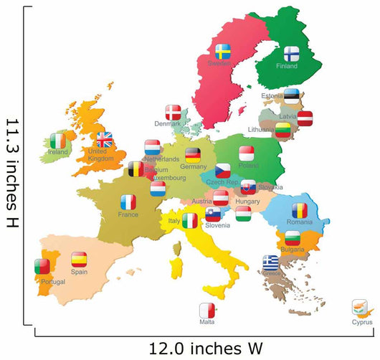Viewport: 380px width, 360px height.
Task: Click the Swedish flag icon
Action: (223, 52)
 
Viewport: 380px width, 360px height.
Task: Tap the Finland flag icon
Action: (292, 55)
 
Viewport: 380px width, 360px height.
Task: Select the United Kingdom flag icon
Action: (105, 140)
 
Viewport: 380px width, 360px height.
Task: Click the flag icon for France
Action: (128, 202)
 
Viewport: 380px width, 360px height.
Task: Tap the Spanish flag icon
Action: (79, 260)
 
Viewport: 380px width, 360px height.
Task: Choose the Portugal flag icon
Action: (42, 266)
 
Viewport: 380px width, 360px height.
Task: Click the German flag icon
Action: (193, 155)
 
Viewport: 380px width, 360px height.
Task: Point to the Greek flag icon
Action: (270, 262)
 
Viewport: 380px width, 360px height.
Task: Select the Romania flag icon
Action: (299, 211)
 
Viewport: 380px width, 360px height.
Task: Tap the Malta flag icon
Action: (207, 311)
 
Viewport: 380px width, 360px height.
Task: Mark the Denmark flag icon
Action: (174, 113)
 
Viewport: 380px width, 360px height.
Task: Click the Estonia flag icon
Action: (291, 95)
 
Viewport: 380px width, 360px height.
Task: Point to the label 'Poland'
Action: (249, 166)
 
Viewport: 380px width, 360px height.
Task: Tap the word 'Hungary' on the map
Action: (248, 202)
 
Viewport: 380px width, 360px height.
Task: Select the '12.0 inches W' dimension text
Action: (206, 349)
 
